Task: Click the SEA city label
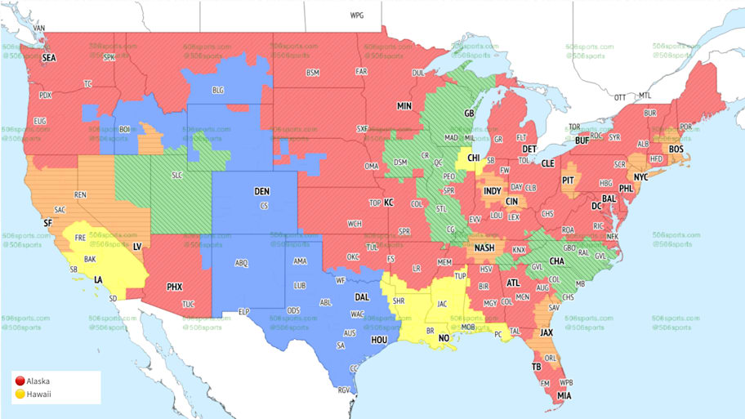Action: tap(49, 58)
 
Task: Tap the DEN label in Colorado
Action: tap(261, 191)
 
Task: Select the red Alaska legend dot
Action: tap(20, 381)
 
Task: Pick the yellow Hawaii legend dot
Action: tap(20, 394)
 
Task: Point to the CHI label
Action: tap(474, 158)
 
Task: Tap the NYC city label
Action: tap(641, 176)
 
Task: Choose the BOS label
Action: tap(676, 149)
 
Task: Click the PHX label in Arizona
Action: tap(174, 287)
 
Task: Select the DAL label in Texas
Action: tap(362, 298)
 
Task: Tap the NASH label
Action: tap(484, 248)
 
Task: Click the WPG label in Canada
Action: tap(357, 16)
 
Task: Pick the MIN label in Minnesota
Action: tap(404, 106)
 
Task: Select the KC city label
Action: tap(389, 202)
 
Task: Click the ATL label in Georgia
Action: tap(513, 283)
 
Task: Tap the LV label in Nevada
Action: tap(136, 246)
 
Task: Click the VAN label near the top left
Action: tap(39, 29)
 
